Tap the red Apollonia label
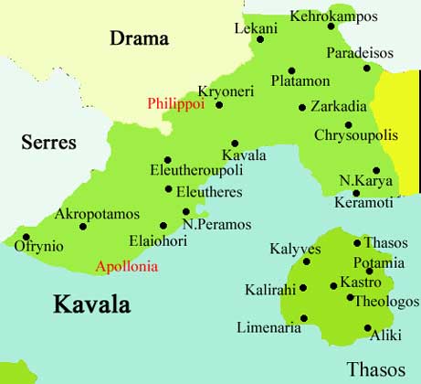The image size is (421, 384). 127,267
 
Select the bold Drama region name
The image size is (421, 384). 140,38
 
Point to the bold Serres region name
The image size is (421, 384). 48,144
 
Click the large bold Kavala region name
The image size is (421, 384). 91,304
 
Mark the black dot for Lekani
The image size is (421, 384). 260,38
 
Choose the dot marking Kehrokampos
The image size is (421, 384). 332,27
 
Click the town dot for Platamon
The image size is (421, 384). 291,70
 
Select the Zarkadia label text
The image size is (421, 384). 339,106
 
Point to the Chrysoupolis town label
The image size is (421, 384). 356,135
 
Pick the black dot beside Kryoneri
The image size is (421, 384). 219,105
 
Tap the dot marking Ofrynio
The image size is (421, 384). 26,237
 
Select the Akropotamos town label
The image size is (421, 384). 98,214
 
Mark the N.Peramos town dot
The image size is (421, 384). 186,212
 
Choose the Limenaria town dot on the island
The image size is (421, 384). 302,320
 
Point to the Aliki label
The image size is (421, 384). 384,336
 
